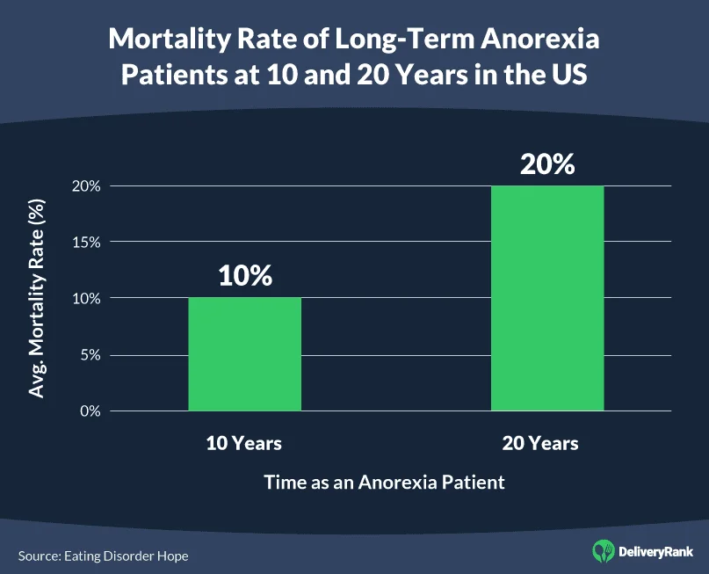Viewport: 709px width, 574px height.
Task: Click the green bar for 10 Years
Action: point(244,354)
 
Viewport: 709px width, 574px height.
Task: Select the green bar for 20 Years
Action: point(546,298)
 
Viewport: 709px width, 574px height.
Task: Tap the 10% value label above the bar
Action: point(245,275)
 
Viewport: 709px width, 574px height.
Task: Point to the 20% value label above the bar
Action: point(546,163)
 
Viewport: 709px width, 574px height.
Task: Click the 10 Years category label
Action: point(244,443)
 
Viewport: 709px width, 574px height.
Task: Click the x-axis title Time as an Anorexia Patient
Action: point(384,482)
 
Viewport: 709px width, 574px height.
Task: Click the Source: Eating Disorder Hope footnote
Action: point(103,556)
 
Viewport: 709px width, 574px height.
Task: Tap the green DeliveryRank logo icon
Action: point(604,551)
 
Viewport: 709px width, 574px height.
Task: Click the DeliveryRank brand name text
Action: point(656,552)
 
